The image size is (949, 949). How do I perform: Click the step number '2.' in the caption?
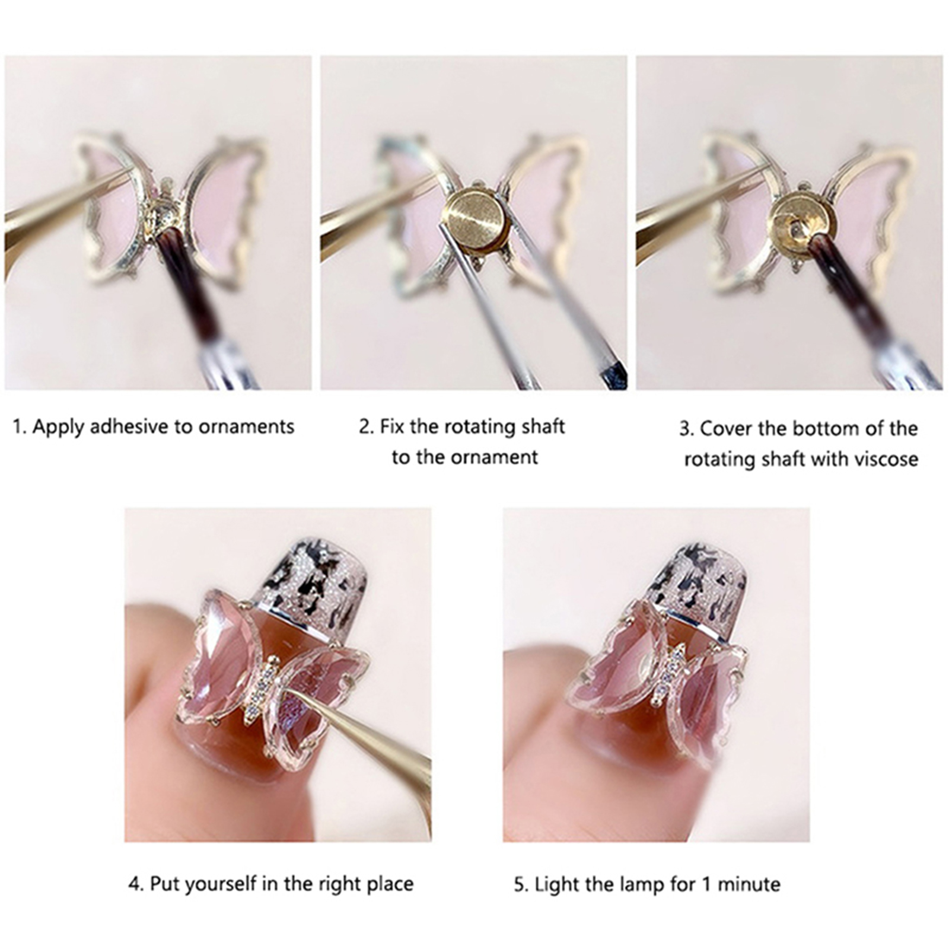pos(367,427)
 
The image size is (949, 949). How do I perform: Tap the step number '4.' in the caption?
pos(136,884)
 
